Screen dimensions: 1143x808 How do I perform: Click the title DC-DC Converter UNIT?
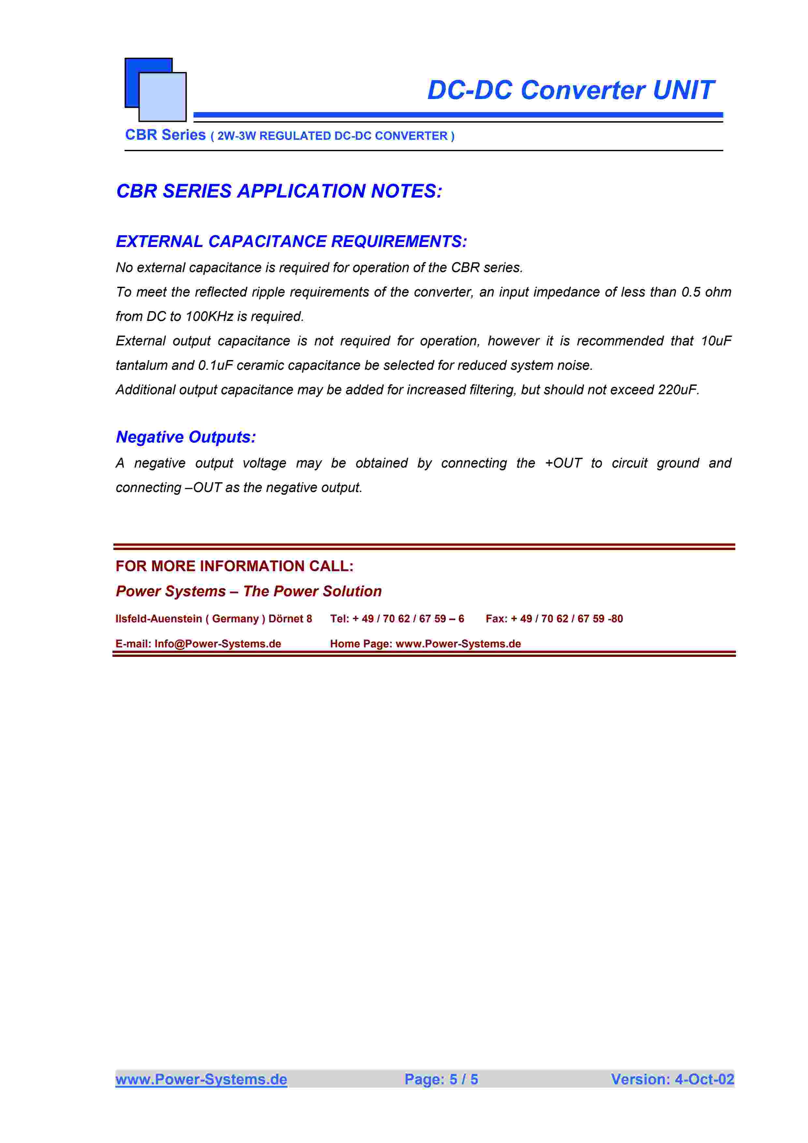coord(570,91)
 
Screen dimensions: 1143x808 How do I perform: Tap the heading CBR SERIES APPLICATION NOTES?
coord(279,191)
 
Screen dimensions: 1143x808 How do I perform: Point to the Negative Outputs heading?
coord(186,437)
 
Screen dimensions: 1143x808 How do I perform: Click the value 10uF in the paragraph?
coord(716,341)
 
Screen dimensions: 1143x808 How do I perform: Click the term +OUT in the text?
coord(563,463)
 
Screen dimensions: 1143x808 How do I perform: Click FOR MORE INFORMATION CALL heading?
coord(234,566)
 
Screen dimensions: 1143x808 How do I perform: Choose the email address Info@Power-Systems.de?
coord(217,644)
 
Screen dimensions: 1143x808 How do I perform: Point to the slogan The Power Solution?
coord(312,591)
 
